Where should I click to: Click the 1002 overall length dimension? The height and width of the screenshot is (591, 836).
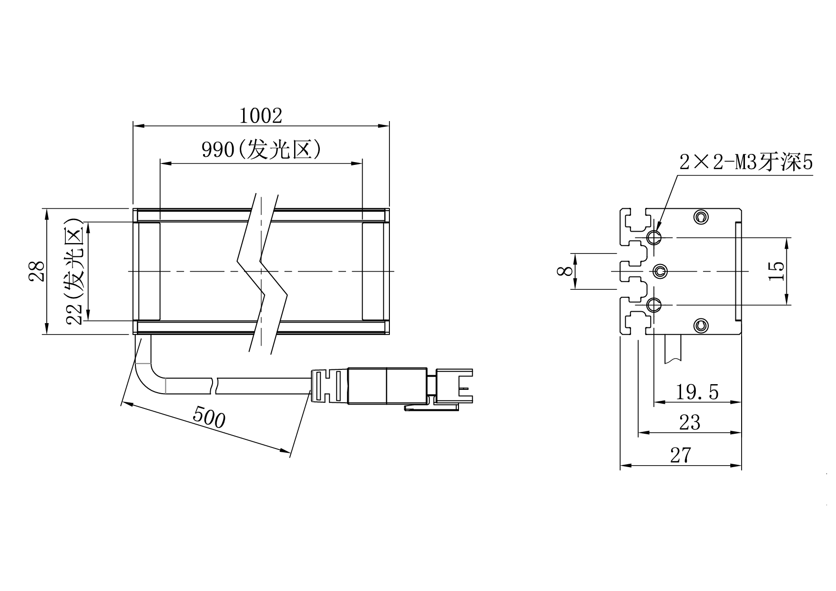(x=260, y=116)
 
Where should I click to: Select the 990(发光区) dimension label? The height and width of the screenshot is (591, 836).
(x=261, y=150)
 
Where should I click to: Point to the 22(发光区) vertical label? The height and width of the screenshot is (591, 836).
(x=75, y=272)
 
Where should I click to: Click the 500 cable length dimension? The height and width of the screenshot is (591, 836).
(x=209, y=418)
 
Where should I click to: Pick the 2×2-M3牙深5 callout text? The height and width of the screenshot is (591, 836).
(x=746, y=163)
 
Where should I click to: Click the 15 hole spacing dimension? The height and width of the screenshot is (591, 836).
(x=776, y=271)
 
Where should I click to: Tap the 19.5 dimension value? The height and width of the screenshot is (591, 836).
(x=697, y=392)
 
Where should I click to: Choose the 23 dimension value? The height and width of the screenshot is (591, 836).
(x=689, y=422)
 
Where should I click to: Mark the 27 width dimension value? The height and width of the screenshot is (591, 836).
(x=680, y=456)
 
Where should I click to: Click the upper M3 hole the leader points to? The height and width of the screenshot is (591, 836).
(x=654, y=237)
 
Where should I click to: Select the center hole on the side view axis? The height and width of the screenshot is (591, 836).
(x=660, y=272)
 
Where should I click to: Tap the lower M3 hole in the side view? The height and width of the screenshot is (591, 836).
(x=654, y=304)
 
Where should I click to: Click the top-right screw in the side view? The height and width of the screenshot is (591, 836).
(x=700, y=217)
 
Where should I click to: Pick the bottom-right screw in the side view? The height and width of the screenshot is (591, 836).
(x=700, y=326)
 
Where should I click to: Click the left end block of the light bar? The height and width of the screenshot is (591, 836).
(x=149, y=271)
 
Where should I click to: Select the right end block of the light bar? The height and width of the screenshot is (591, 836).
(x=373, y=271)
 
